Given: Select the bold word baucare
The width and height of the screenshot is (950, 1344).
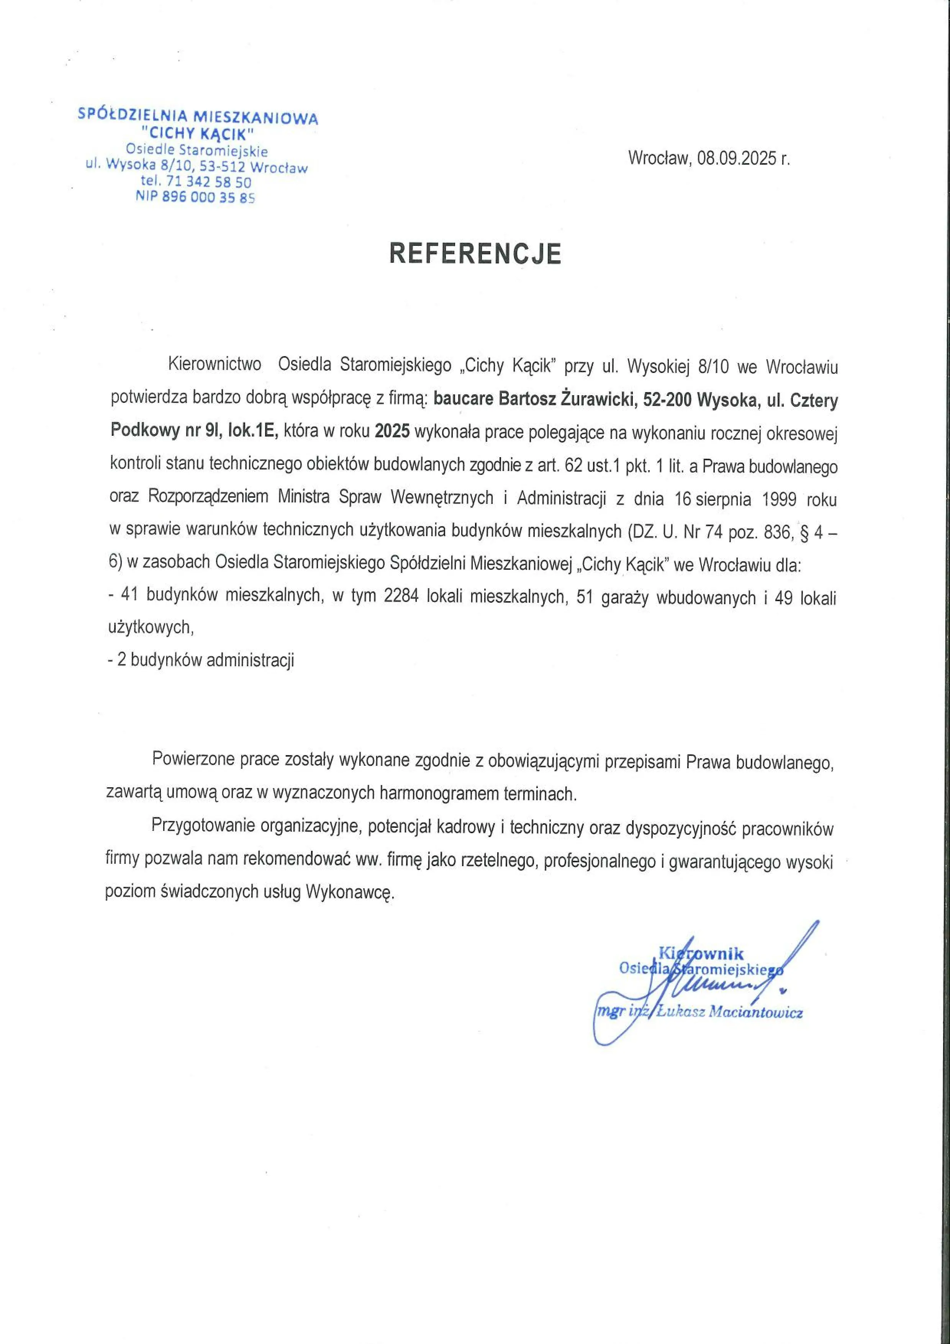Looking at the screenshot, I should (x=463, y=401).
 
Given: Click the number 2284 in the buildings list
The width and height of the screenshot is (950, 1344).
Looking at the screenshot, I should (x=401, y=597).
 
